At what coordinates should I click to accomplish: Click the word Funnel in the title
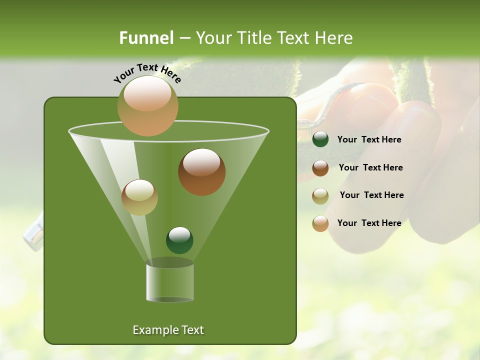[146, 38]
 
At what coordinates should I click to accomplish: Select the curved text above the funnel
[147, 73]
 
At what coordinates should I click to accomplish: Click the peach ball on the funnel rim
[147, 106]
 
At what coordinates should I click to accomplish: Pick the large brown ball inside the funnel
[201, 172]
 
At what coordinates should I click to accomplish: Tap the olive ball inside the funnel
[139, 197]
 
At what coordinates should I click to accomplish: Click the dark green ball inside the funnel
[179, 240]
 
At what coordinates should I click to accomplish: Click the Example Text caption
[168, 330]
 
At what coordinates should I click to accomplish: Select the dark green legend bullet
[320, 139]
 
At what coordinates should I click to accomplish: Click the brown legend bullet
[320, 168]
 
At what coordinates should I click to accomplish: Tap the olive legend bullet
[320, 195]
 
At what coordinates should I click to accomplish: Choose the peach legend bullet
[320, 223]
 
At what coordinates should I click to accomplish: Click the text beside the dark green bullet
[369, 140]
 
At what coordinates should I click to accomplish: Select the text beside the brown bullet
[370, 167]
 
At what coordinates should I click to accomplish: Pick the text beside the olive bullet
[371, 195]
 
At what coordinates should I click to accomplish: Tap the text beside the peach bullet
[369, 223]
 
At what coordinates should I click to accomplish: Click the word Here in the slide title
[334, 38]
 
